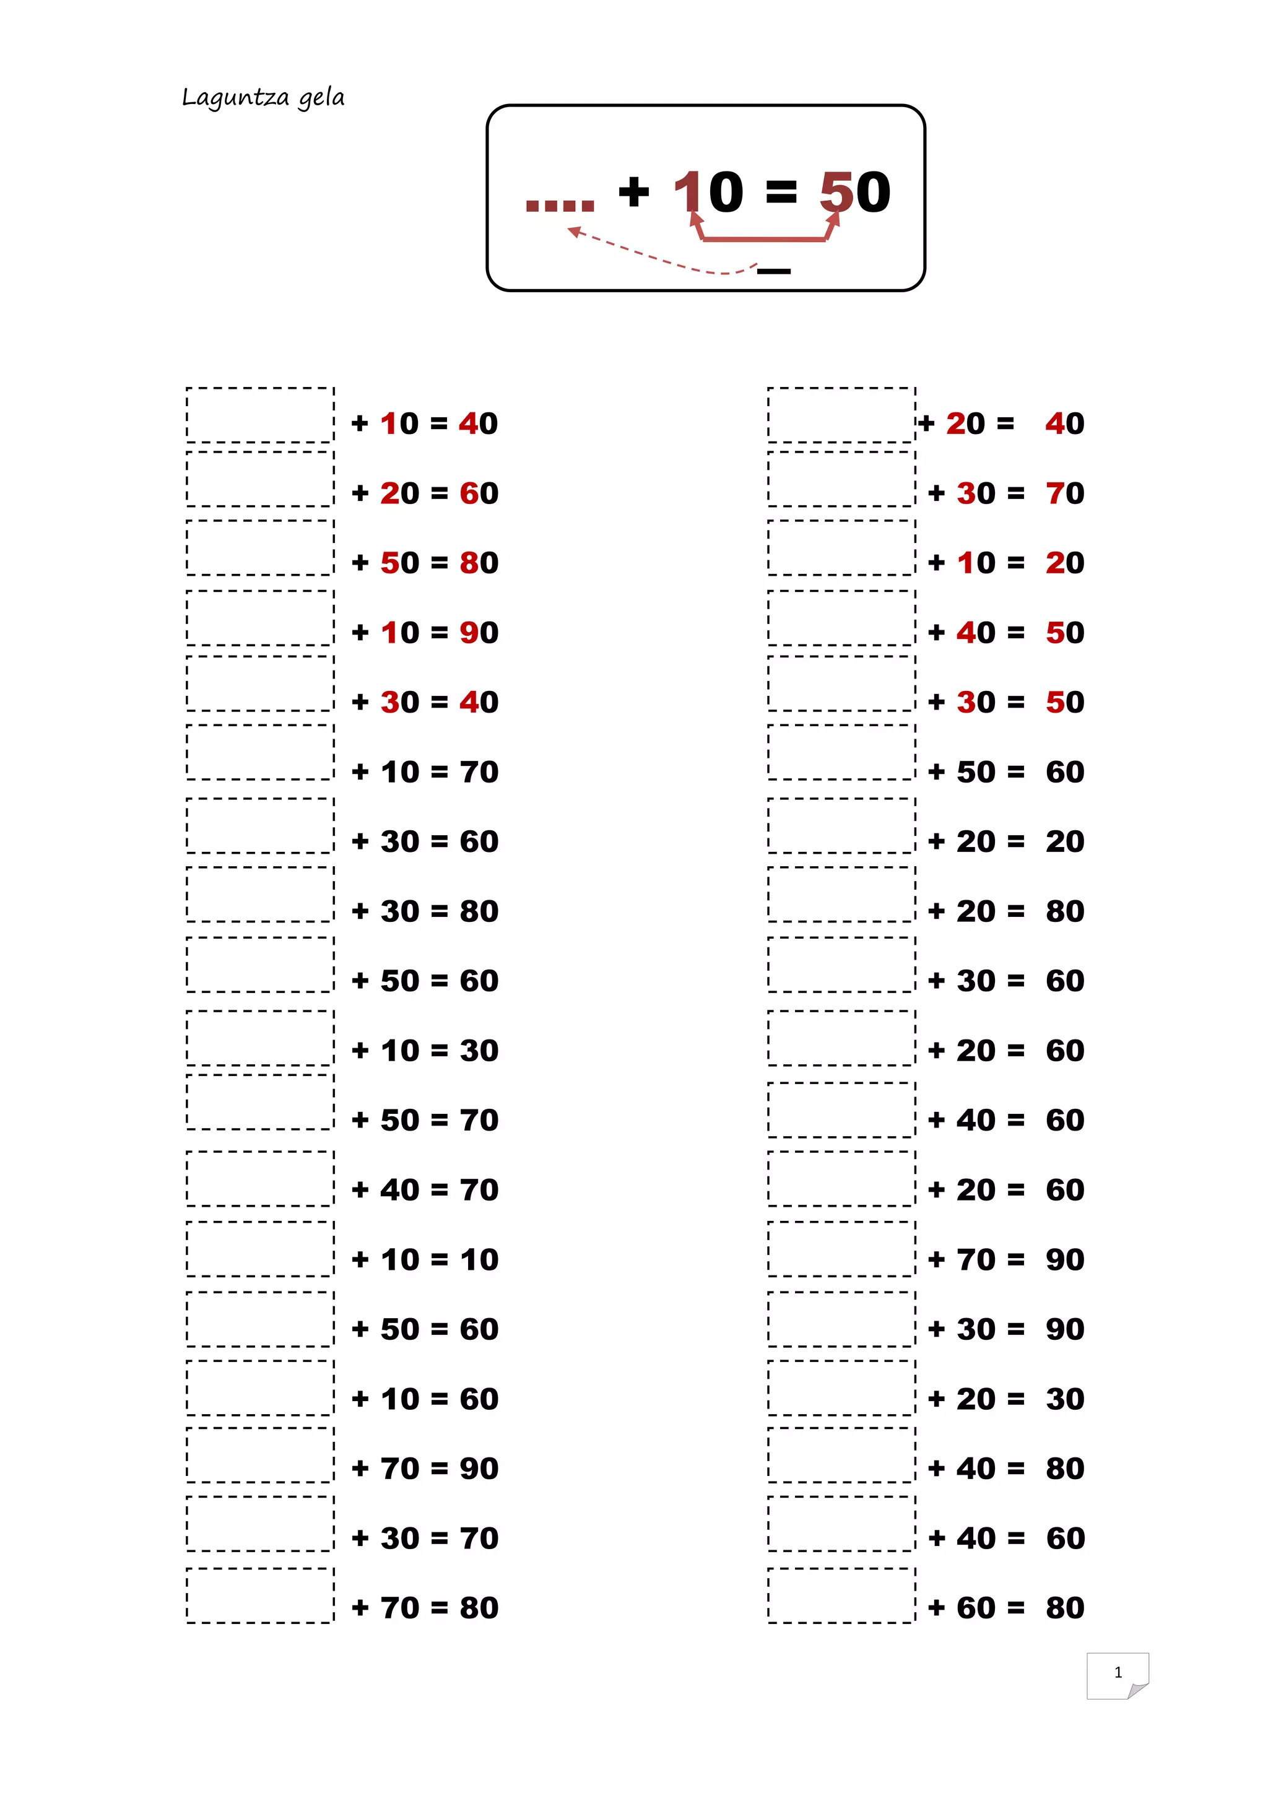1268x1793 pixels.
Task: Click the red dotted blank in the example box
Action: (560, 206)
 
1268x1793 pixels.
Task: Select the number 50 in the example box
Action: (855, 192)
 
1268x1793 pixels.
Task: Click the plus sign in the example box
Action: (633, 192)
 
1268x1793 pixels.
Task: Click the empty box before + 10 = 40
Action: (260, 415)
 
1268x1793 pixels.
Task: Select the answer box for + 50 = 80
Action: (260, 547)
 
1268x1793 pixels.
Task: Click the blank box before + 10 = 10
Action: (260, 1249)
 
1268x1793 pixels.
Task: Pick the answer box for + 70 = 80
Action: (260, 1595)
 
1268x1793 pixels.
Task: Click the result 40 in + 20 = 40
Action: (1064, 423)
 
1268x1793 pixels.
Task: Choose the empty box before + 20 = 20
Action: (841, 825)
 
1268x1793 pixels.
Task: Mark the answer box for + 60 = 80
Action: (841, 1595)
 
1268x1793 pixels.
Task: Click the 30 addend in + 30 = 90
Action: (976, 1329)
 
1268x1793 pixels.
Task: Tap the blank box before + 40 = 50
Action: (841, 618)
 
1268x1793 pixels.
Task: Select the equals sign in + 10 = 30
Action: (439, 1050)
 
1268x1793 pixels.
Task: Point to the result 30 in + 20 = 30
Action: (1065, 1399)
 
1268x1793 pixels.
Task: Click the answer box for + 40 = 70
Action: (260, 1178)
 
